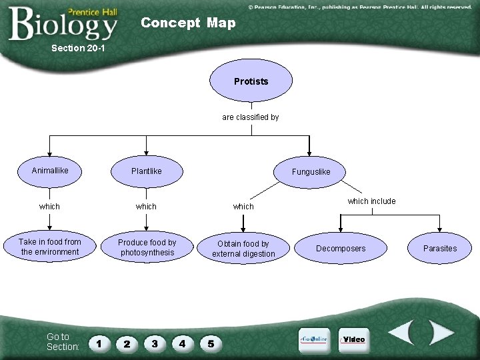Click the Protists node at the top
pos(251,82)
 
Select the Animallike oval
pos(50,171)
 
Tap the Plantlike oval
pos(147,171)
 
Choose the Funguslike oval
pos(311,172)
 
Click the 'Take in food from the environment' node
pos(50,247)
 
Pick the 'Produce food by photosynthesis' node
pos(147,247)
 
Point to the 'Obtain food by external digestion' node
pos(243,249)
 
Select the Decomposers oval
pos(341,249)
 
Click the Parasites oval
pos(440,249)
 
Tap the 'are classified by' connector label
pos(251,117)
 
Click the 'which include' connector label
pos(371,201)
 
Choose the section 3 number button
pos(155,344)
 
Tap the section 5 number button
pos(211,344)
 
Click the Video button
pos(353,339)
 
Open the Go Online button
pos(313,339)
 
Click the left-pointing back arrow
pos(403,333)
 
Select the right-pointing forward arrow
pos(440,333)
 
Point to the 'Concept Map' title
pos(188,23)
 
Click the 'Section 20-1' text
pos(78,49)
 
